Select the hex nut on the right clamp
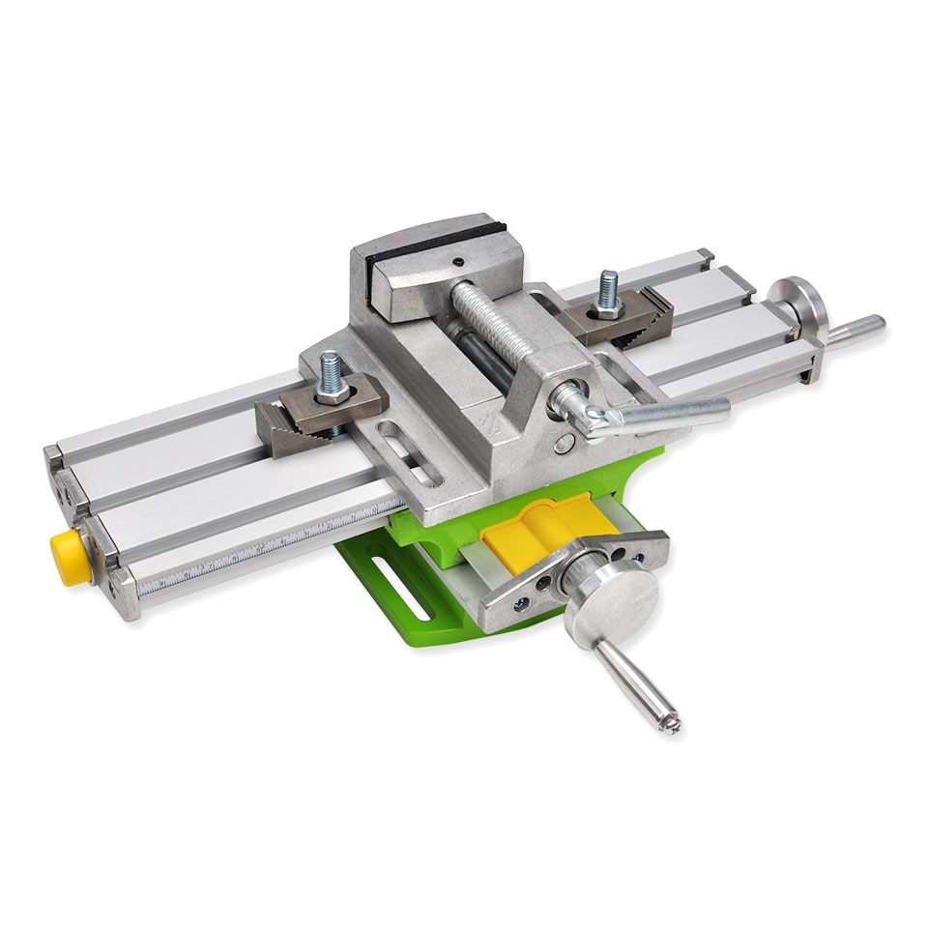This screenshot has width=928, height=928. click(608, 308)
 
